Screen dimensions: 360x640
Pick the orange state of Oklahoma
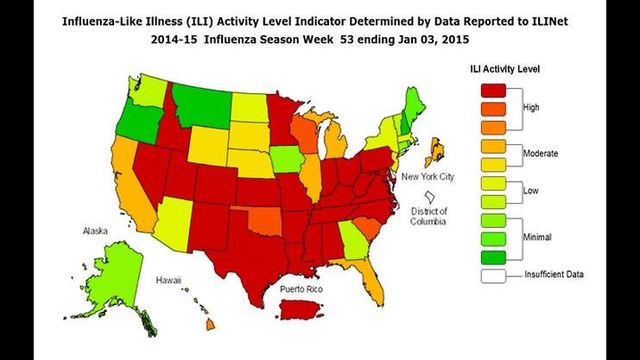click(262, 219)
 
